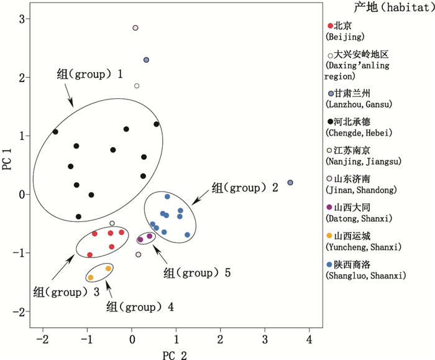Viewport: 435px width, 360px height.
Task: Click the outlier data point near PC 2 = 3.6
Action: [290, 182]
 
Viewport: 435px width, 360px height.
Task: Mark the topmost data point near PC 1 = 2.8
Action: [135, 28]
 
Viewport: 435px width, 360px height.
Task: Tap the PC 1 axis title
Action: [7, 168]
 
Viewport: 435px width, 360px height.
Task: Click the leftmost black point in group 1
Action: [55, 132]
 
